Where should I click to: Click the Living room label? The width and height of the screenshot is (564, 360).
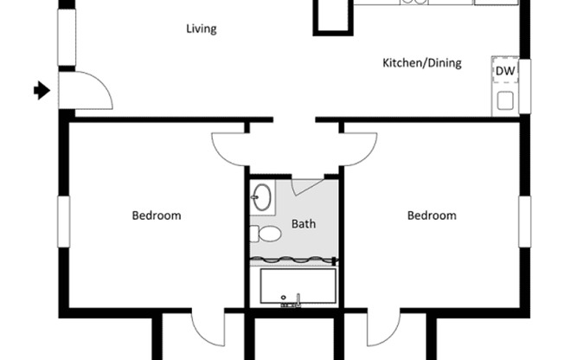pos(202,29)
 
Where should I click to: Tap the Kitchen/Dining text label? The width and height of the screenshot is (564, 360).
pos(421,62)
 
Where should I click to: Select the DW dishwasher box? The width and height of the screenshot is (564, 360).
pos(504,70)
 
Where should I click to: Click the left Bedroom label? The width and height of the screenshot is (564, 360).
pos(157,215)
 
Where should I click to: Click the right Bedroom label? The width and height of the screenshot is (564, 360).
pos(432,215)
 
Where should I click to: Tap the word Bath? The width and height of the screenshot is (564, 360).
pos(304,223)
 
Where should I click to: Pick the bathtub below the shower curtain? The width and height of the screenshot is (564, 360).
pos(298,286)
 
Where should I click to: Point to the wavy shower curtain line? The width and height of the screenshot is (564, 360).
pos(293,260)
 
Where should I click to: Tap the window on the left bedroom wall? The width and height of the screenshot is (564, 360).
pos(63,220)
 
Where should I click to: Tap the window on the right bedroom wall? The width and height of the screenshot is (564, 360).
pos(524,220)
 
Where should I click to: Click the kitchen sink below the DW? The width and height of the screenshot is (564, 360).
pos(505,100)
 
